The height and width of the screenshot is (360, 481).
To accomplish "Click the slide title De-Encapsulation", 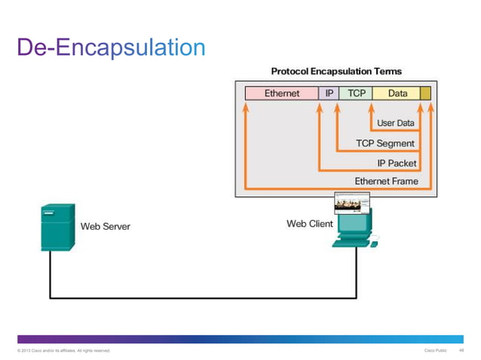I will tap(112, 47).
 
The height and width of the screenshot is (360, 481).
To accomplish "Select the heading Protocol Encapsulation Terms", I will tap(336, 72).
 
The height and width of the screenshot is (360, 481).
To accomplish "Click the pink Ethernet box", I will tap(281, 93).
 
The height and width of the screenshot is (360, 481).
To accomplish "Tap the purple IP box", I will tap(328, 93).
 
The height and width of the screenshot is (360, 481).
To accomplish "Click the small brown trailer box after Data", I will tap(425, 93).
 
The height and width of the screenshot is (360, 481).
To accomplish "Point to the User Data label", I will tap(395, 123).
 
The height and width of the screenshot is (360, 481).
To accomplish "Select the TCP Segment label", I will tap(384, 143).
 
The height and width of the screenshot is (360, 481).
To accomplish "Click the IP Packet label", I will tap(397, 163).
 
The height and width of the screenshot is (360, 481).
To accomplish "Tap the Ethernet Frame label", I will tap(386, 182).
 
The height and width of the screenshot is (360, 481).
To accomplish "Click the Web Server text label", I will tap(106, 226).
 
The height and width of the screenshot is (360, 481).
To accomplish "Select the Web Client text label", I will tap(309, 224).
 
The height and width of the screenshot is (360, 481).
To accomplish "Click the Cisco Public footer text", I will tap(436, 350).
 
